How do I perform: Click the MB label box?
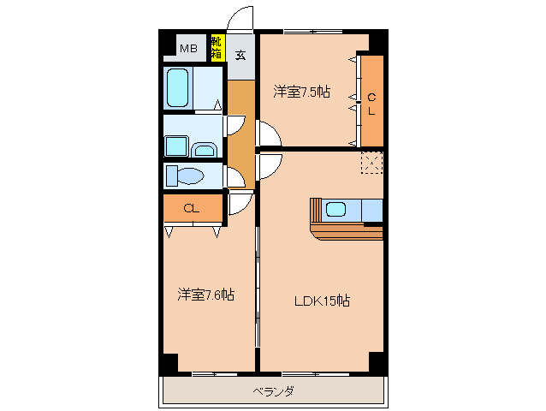pos(188,48)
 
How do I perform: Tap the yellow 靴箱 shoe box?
pos(217,47)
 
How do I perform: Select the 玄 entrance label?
pos(240,56)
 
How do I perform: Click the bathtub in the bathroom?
pos(178,87)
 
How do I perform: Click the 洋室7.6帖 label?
pos(205,295)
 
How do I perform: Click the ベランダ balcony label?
pos(273,392)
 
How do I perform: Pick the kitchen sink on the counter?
pos(335,209)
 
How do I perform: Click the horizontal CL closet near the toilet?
pos(192,208)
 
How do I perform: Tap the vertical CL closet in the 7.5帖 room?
pos(371,101)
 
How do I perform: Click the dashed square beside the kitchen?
pos(371,162)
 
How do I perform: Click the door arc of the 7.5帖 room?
pos(267,134)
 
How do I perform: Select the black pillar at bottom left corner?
pos(169,362)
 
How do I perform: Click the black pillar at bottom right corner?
pos(377,361)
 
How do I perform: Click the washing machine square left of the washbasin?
pos(176,146)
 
